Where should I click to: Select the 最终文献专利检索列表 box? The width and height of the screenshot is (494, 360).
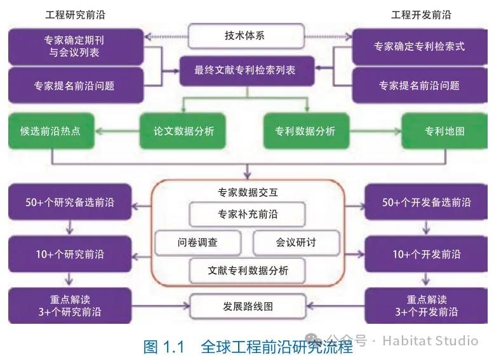(246, 70)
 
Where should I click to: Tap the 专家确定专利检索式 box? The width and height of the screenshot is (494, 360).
(419, 46)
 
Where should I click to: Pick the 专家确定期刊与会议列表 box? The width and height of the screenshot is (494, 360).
(75, 46)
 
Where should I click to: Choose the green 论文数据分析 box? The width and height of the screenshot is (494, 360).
(184, 131)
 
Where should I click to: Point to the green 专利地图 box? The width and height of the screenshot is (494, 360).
(444, 131)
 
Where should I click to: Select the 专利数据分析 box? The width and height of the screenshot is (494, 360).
(305, 131)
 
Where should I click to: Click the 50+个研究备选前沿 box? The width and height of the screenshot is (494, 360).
(70, 203)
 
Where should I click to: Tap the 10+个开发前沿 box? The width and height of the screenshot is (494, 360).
(426, 255)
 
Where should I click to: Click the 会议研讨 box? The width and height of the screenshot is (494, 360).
(296, 243)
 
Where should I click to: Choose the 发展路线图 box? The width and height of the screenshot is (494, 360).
(247, 306)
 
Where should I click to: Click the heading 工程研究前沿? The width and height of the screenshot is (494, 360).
(75, 15)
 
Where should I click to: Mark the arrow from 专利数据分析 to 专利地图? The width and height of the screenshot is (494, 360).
(375, 131)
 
